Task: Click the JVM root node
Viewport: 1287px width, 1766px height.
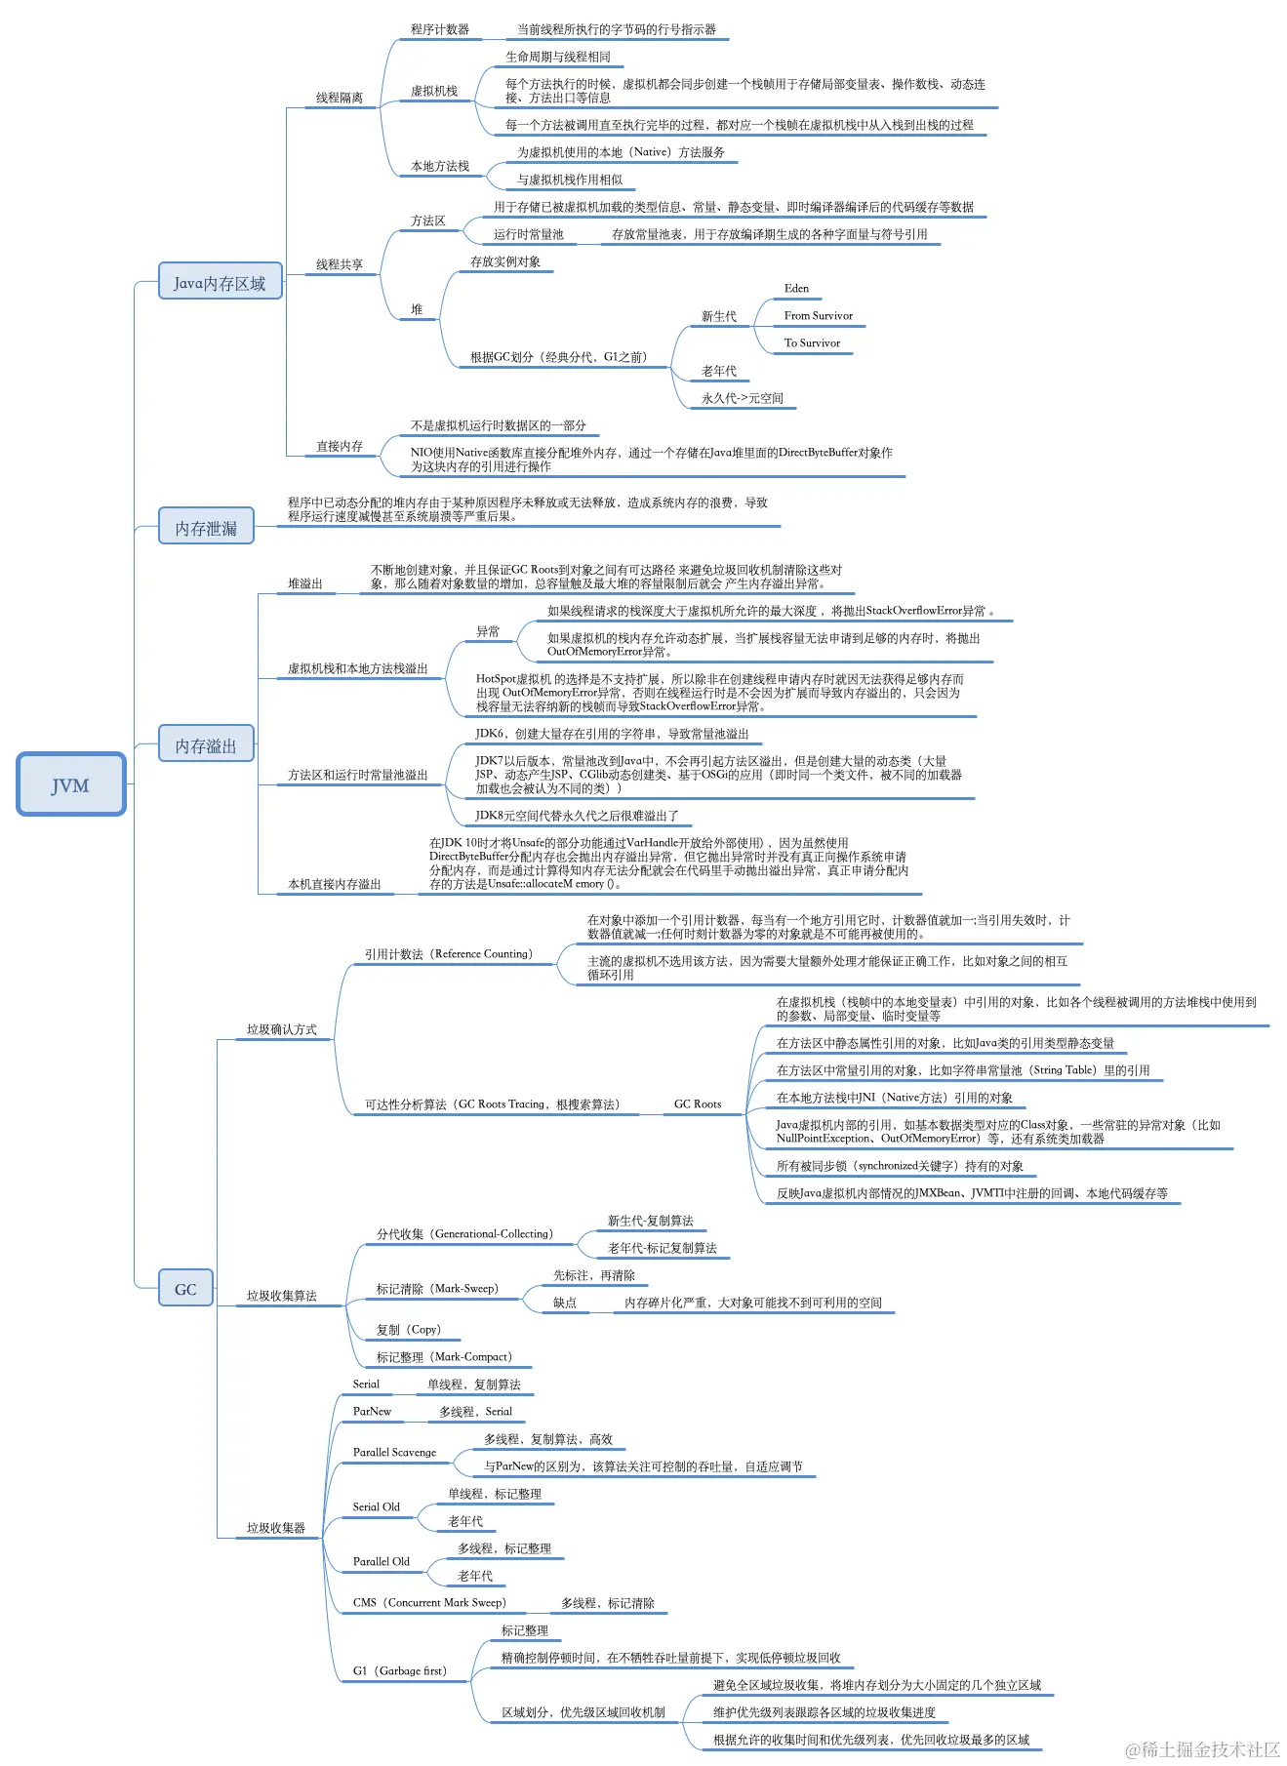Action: click(70, 784)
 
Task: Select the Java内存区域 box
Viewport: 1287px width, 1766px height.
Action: click(220, 282)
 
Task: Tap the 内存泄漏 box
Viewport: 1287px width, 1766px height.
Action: click(206, 527)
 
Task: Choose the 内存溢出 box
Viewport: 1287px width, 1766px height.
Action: click(206, 744)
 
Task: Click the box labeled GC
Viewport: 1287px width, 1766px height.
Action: click(185, 1288)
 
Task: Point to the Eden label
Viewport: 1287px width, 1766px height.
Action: click(796, 289)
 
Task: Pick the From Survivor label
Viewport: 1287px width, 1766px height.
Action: click(818, 316)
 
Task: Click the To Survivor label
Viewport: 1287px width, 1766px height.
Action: click(812, 343)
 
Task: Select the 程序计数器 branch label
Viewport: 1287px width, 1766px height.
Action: click(440, 29)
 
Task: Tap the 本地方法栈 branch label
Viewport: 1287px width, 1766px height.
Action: click(440, 166)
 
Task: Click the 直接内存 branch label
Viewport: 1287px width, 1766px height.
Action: click(340, 446)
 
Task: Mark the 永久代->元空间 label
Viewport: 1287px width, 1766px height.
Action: click(742, 398)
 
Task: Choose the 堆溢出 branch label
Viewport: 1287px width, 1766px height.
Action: click(305, 583)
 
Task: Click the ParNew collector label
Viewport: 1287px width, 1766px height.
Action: click(372, 1411)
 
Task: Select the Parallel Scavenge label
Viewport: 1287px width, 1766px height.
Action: click(394, 1452)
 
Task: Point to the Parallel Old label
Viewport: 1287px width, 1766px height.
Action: click(381, 1561)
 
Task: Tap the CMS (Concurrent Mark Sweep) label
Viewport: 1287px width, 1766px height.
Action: click(429, 1602)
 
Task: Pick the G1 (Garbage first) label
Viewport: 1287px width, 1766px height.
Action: click(399, 1670)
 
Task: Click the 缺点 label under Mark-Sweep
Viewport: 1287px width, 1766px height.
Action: click(565, 1303)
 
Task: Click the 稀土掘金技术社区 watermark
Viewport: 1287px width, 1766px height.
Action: click(1202, 1749)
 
